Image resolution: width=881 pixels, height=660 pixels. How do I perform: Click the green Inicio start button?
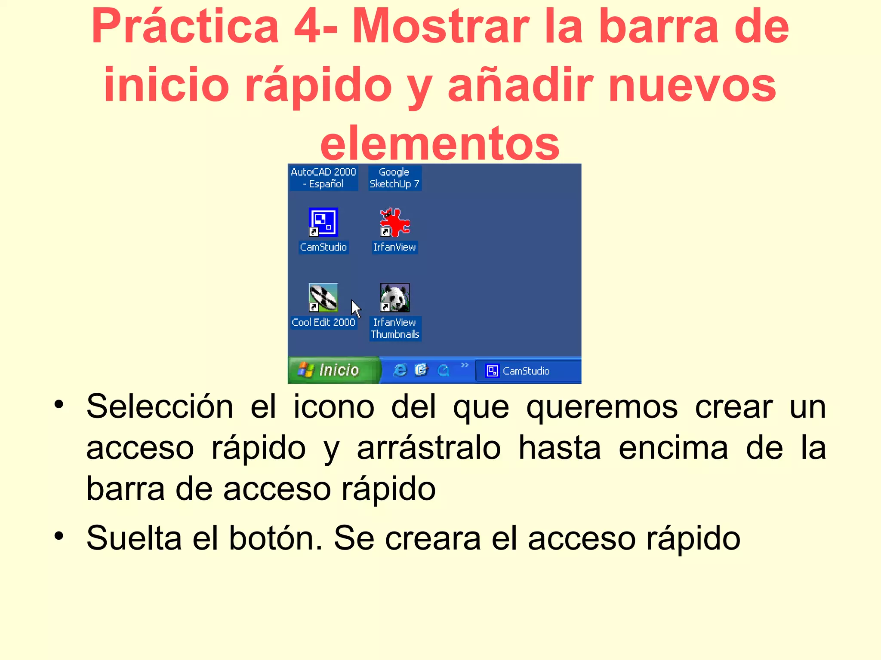334,370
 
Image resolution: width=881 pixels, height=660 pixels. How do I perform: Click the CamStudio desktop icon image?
323,222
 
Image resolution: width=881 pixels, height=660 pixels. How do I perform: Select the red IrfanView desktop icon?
395,222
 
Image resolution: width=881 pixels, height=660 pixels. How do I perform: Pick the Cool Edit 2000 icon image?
323,297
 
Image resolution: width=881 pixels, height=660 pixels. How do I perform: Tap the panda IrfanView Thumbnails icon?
395,297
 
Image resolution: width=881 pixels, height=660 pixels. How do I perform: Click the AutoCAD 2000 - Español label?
323,178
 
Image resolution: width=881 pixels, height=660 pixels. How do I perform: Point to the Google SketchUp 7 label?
394,178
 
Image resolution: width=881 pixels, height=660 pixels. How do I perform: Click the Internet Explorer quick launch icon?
400,370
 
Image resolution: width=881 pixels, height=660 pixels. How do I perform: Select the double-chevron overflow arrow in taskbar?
465,365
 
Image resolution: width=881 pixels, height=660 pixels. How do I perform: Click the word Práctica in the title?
185,27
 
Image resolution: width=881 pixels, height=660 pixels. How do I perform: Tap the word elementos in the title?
440,143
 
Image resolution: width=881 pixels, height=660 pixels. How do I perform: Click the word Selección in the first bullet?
160,406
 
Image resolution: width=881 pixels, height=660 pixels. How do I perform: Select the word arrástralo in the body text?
429,448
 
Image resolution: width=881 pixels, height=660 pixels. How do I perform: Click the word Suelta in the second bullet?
134,538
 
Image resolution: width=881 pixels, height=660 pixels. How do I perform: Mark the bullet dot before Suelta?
59,536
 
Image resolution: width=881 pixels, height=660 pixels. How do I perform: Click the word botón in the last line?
276,538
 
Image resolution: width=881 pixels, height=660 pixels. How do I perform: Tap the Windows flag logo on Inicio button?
306,370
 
